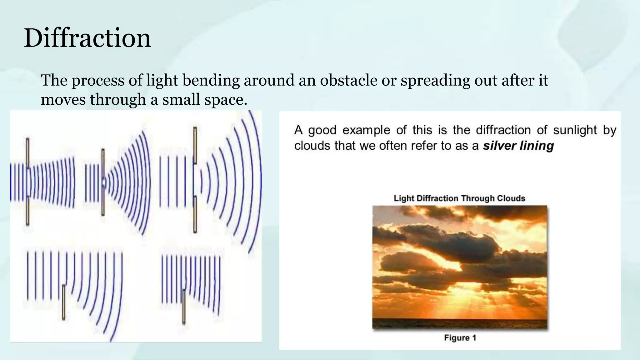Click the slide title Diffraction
coord(87,38)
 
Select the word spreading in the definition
coord(435,80)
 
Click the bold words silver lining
coord(518,146)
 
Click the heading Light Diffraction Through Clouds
coord(459,198)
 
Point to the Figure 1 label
coord(460,338)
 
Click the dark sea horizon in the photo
coord(459,323)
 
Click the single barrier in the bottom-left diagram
coord(64,302)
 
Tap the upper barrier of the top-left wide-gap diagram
coord(27,153)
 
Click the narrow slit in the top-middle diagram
coord(103,183)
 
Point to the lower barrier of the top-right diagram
coord(195,214)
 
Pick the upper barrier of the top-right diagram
coord(195,145)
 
